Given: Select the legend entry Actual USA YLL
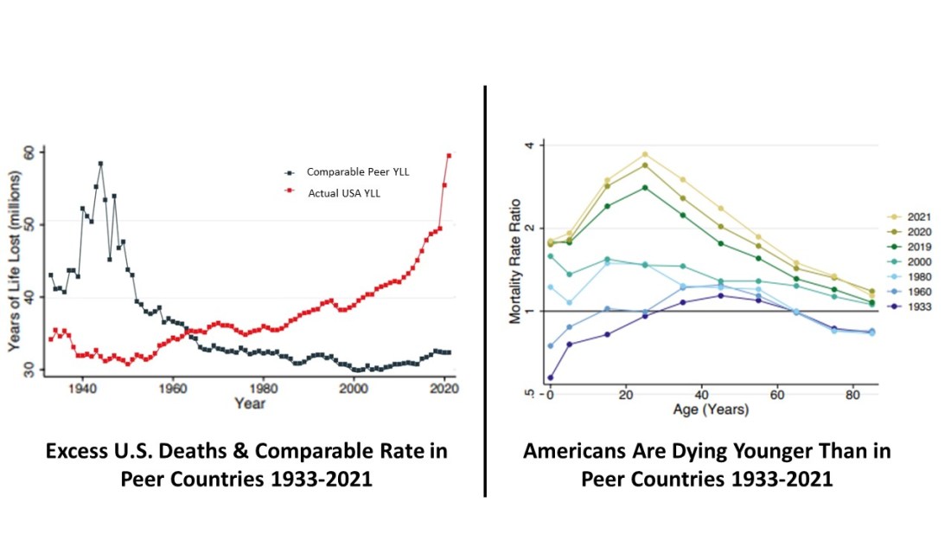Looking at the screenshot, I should click(343, 193).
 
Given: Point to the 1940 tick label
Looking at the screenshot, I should click(82, 389).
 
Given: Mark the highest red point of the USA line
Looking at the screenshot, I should click(449, 156).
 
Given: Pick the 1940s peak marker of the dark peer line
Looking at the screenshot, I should click(100, 163).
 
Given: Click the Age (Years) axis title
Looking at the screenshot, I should click(711, 409).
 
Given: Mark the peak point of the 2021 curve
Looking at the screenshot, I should click(644, 155).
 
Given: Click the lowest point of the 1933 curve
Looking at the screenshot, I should click(550, 377).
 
